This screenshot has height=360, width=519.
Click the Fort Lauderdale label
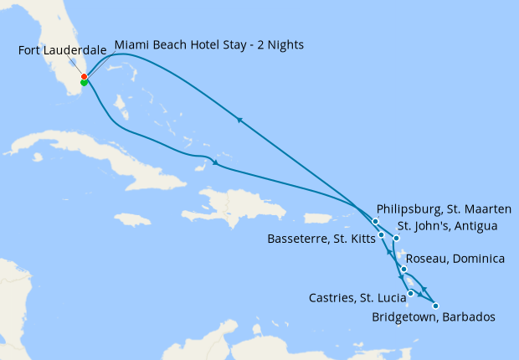coord(63,51)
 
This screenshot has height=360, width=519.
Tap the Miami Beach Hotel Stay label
coord(208,44)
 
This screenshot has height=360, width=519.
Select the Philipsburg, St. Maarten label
coord(444,208)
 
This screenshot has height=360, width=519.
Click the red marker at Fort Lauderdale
coord(84,77)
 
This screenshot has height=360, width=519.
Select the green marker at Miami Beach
coord(84,83)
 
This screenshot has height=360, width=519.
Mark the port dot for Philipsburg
coord(376,221)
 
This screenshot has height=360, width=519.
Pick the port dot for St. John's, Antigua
coord(397,239)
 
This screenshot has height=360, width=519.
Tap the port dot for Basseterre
coord(382,234)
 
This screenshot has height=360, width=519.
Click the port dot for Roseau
coord(403,269)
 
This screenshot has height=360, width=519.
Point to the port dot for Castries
coord(410,293)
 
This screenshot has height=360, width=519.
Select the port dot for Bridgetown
coord(435,306)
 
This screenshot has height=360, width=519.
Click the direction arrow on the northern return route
coord(239,120)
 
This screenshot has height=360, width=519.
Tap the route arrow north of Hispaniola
coord(216,162)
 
